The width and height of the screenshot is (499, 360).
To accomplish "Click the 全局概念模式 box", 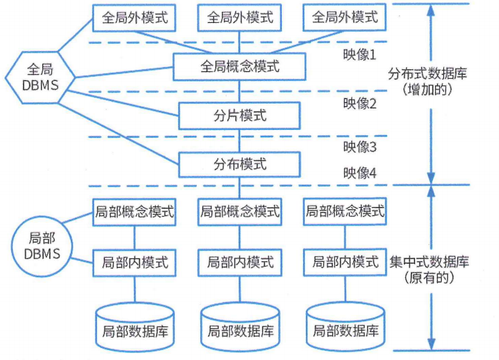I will [239, 67].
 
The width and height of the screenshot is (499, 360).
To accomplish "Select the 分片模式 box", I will [239, 115].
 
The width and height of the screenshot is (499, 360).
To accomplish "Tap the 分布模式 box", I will [239, 164].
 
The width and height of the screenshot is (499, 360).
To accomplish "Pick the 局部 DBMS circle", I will [41, 246].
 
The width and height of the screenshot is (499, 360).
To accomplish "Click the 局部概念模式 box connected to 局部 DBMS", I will [135, 212].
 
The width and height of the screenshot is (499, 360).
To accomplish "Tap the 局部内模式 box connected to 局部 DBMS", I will [135, 260].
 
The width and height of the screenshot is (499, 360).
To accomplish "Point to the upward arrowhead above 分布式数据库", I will [430, 9].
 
